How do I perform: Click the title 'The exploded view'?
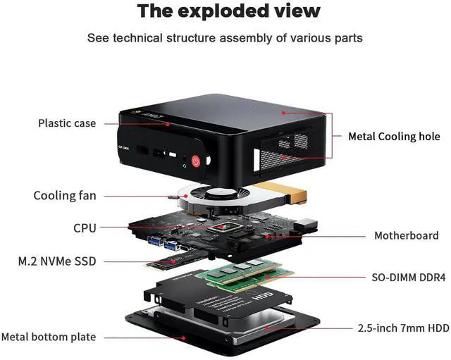point(228,11)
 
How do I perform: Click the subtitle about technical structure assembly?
point(225,37)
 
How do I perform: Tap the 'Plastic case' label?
point(67,123)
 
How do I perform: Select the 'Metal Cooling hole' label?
point(394,137)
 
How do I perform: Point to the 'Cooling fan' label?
point(65,196)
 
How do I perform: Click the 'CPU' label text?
point(85,228)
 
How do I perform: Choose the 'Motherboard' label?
point(406,236)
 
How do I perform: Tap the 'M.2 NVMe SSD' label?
point(57,261)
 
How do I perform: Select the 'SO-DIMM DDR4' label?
point(409,278)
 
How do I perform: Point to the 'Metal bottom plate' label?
point(49,337)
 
